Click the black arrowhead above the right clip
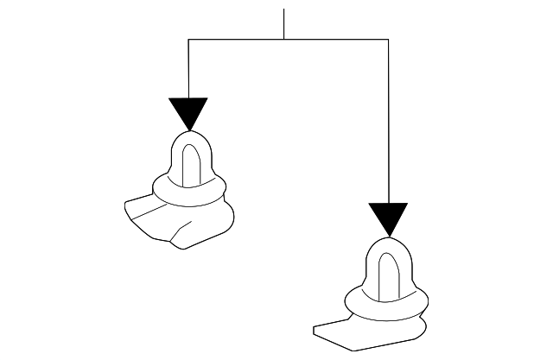click(x=388, y=218)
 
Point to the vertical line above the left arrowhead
click(x=188, y=69)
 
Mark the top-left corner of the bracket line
click(x=188, y=39)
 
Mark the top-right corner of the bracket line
click(x=388, y=39)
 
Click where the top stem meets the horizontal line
click(x=283, y=39)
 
